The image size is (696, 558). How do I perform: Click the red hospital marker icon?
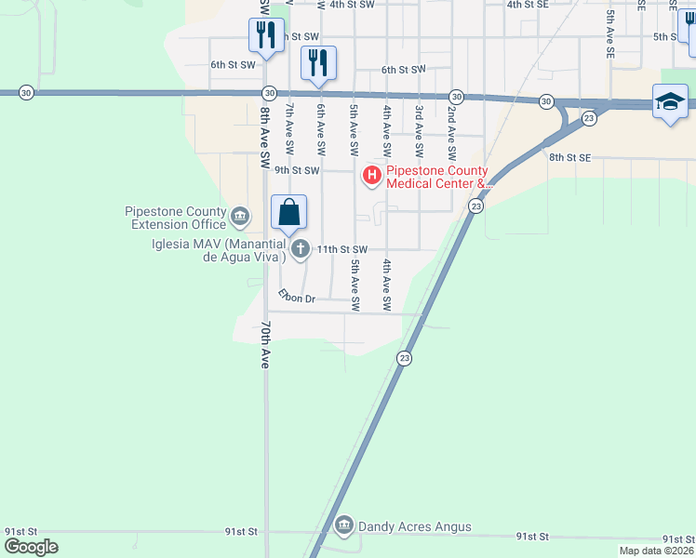[x=372, y=175]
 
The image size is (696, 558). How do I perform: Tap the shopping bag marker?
[x=289, y=212]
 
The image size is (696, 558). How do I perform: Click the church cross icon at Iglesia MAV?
[x=300, y=248]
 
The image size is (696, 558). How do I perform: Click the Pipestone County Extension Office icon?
[x=240, y=218]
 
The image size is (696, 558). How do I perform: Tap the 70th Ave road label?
[x=265, y=345]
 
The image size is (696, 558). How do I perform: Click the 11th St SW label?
[x=342, y=249]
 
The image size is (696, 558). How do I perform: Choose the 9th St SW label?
[x=297, y=170]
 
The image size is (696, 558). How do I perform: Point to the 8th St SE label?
[x=569, y=158]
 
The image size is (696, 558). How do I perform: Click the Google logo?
[x=31, y=547]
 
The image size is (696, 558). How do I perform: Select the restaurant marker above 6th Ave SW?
[x=318, y=62]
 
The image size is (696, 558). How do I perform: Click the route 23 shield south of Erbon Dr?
[x=404, y=358]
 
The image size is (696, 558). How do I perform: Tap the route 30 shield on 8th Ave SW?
[x=269, y=93]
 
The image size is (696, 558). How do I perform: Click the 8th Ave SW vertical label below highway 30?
[x=265, y=130]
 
